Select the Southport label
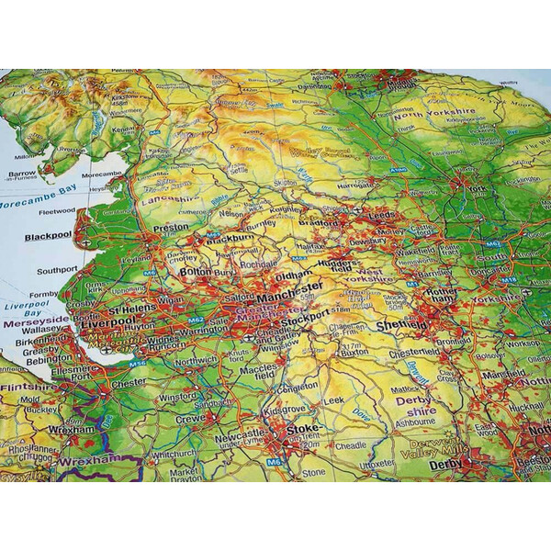(57, 271)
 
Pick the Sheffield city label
(400, 325)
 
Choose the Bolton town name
(195, 273)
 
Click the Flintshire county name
(28, 387)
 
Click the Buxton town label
(354, 351)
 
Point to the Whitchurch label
(174, 453)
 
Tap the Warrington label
(204, 331)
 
